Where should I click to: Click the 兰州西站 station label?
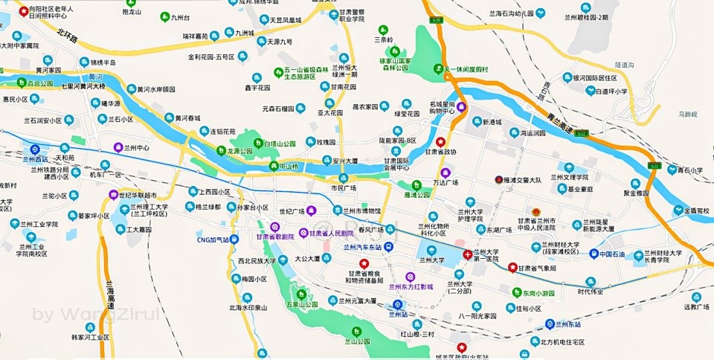[35, 159]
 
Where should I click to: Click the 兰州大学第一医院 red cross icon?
[467, 254]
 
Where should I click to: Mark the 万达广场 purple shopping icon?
[446, 173]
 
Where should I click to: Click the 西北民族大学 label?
[257, 261]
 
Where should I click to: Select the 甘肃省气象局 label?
[537, 268]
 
